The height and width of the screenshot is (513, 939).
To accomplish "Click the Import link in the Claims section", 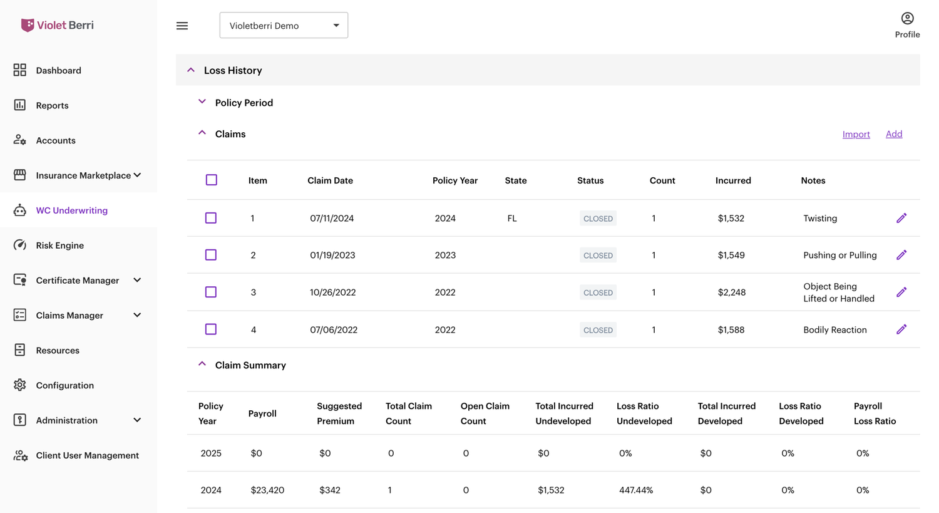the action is (856, 134).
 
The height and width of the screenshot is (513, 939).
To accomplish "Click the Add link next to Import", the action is (894, 134).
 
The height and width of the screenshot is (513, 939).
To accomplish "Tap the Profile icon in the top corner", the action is (907, 18).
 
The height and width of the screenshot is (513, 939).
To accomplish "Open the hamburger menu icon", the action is (182, 26).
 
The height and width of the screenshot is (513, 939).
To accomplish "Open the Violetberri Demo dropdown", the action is (284, 25).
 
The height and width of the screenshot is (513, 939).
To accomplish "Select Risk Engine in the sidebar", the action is (60, 246).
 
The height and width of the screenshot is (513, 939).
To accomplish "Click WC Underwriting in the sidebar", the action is (72, 210).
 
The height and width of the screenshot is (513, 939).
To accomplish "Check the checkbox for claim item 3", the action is (211, 292).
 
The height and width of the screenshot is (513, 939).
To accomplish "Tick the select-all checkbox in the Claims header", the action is (212, 180).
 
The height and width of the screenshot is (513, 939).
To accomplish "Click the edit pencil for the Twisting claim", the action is (901, 218).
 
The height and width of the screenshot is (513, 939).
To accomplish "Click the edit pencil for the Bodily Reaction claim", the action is (901, 329).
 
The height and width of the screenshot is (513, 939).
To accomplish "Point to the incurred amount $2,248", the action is (732, 293).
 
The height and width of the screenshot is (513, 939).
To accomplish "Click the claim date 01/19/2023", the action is (332, 255).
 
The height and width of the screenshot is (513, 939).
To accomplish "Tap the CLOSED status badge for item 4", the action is (598, 329).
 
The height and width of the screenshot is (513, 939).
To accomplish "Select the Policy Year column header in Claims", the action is (455, 180).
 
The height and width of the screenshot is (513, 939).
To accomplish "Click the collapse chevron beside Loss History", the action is (191, 70).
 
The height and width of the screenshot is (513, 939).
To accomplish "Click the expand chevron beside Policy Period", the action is (202, 101).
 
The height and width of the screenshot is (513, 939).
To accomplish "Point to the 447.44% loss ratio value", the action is (636, 490).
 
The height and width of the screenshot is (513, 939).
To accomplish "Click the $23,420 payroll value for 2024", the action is (267, 490).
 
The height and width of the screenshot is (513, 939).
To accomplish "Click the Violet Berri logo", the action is (58, 25).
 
